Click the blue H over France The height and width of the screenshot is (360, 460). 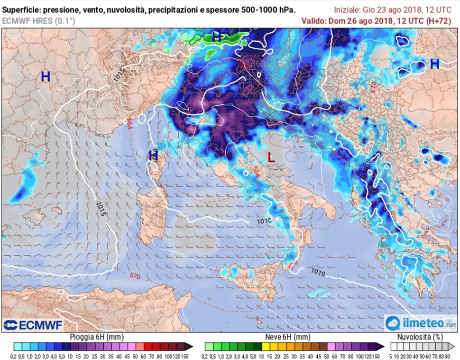[x=46, y=76]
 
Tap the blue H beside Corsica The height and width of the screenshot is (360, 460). [x=153, y=155]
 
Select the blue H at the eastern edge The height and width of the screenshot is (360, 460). [x=434, y=64]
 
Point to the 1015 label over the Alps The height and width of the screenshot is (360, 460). [x=119, y=75]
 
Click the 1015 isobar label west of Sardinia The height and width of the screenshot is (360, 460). [x=101, y=209]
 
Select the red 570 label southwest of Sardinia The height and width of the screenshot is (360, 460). [x=135, y=275]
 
